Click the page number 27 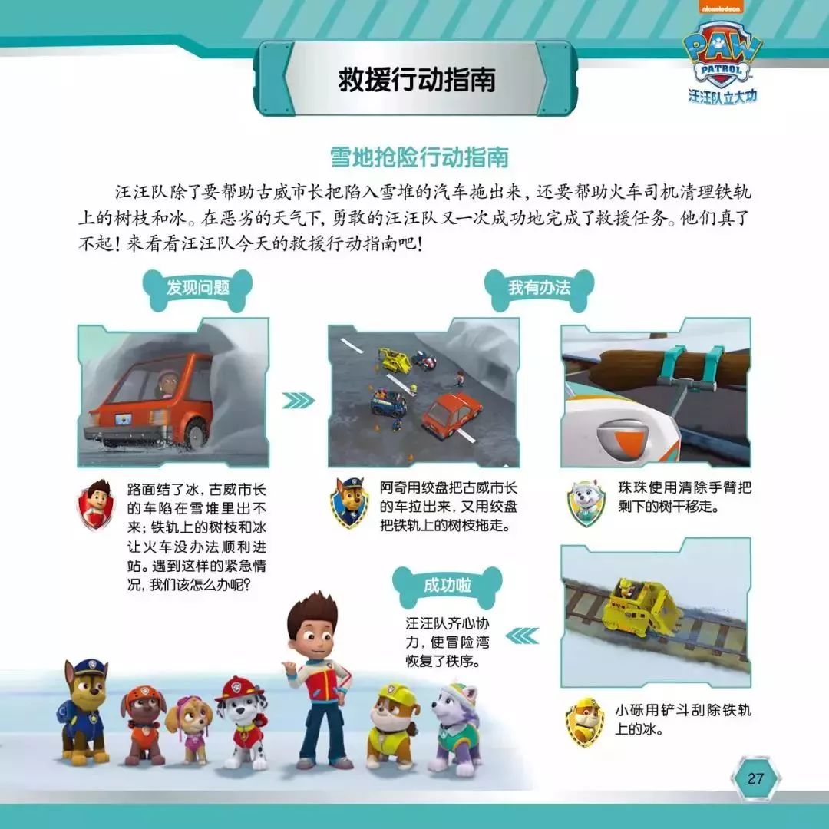(x=755, y=778)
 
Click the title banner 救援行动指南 (x=416, y=79)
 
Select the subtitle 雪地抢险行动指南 (x=419, y=157)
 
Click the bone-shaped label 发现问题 (x=197, y=289)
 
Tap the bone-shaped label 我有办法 (x=539, y=289)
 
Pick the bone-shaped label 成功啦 (x=447, y=586)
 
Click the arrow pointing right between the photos (x=299, y=400)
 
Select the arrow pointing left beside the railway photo (x=523, y=635)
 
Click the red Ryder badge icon (x=96, y=504)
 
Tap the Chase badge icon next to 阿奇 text (x=349, y=502)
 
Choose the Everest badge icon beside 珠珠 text (x=587, y=503)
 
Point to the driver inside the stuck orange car (x=165, y=382)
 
